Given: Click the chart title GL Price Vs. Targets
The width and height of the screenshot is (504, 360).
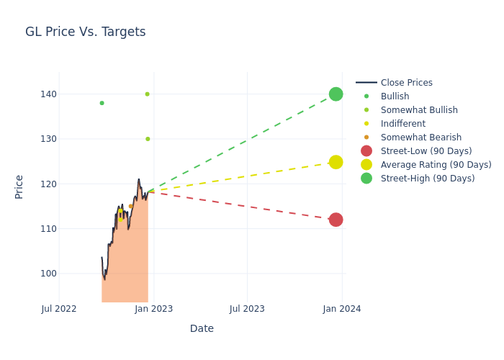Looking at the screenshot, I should pyautogui.click(x=85, y=32).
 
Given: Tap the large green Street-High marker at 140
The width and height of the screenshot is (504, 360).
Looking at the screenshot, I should pyautogui.click(x=336, y=94).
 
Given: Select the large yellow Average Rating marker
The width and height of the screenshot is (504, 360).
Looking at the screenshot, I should pyautogui.click(x=336, y=162).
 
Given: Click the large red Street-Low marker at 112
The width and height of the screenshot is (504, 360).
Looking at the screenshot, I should pyautogui.click(x=336, y=220).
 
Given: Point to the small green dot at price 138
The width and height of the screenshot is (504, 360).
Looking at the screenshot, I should pyautogui.click(x=102, y=103).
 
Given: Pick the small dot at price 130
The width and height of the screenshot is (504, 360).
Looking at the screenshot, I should pyautogui.click(x=148, y=139).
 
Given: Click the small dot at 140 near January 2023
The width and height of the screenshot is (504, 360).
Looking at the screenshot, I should pyautogui.click(x=147, y=94).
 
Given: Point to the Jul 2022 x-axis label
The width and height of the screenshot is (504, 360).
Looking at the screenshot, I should pyautogui.click(x=59, y=309).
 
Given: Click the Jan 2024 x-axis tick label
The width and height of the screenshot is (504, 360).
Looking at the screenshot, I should pyautogui.click(x=342, y=309).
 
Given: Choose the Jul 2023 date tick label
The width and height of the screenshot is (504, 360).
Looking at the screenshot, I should pyautogui.click(x=247, y=309).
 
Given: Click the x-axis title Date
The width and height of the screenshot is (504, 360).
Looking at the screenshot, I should pyautogui.click(x=202, y=328).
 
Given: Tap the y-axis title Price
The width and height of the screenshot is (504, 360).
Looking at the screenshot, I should pyautogui.click(x=19, y=186).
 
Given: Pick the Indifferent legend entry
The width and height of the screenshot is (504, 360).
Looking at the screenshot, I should pyautogui.click(x=402, y=123).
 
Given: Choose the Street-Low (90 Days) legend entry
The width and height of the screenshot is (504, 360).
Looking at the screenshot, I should pyautogui.click(x=426, y=150).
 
